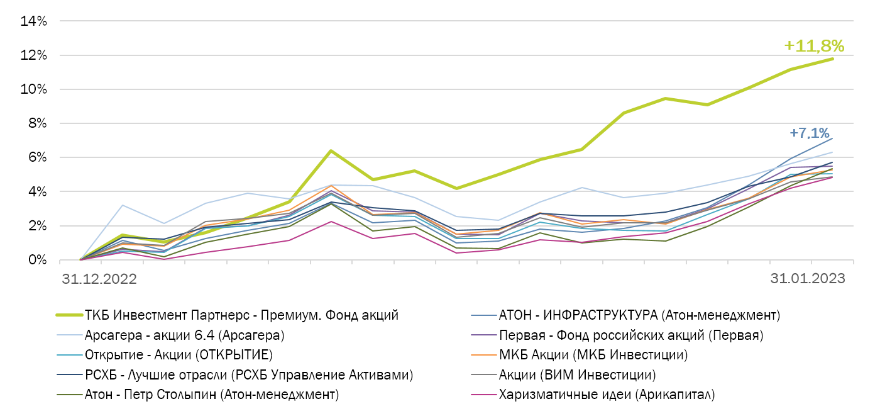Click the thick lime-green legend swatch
pos(69,315)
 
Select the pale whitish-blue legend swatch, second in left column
pos(69,335)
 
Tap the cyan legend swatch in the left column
pos(69,355)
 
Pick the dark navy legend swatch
pos(69,375)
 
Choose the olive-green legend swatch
pos(69,395)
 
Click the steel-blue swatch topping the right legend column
pos(484,315)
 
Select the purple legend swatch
pos(484,335)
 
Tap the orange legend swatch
pos(484,355)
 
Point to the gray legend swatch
pos(484,375)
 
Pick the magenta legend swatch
pos(484,395)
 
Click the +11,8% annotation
pos(814,46)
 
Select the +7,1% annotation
pos(810,133)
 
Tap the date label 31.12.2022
pos(99,279)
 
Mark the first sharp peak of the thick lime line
pos(331,150)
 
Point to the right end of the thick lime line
pos(833,59)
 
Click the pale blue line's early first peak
pos(123,205)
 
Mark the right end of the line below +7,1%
pos(833,138)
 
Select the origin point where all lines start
pos(80,259)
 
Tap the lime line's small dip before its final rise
pos(707,104)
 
